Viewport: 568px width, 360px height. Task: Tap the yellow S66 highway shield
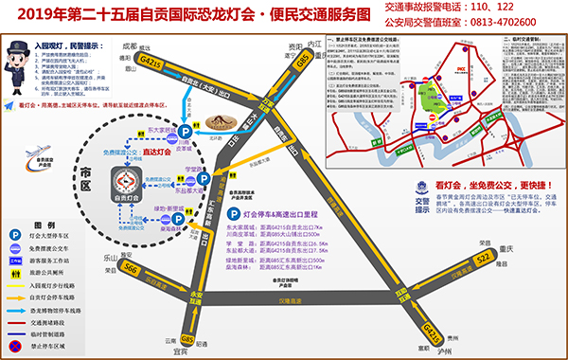pos(132,270)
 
